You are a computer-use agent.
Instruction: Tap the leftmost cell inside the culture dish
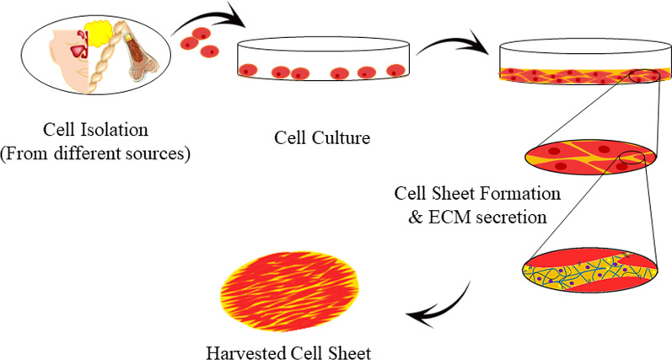pyautogui.click(x=248, y=69)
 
